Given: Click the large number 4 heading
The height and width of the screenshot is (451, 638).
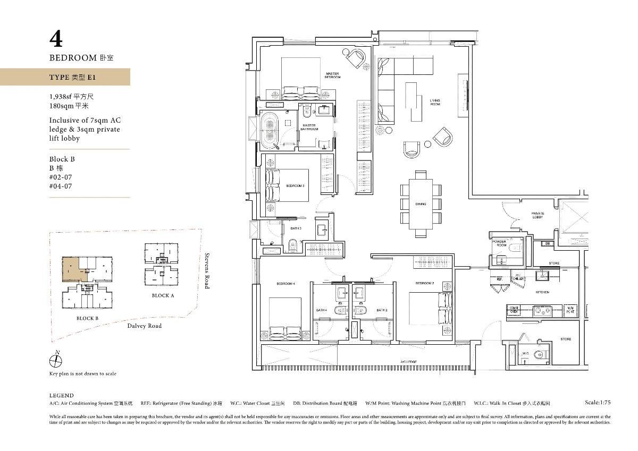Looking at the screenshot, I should click(56, 40).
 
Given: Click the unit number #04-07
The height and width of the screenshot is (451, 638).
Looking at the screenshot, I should click(61, 186).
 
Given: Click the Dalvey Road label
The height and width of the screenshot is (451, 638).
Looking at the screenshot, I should click(144, 326).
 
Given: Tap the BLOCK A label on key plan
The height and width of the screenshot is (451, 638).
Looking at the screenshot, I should click(163, 296).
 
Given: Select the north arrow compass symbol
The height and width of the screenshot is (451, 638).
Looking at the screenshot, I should click(55, 361).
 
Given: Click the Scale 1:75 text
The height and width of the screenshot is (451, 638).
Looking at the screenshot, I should click(597, 403).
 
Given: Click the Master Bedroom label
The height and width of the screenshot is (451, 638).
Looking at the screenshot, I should click(332, 75).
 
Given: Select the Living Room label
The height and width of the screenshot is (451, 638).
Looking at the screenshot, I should click(435, 102).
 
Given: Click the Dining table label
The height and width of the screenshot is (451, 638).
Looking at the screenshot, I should click(421, 204).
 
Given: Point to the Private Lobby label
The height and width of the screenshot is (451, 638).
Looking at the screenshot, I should click(538, 215).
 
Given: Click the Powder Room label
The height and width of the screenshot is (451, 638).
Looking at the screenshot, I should click(499, 243).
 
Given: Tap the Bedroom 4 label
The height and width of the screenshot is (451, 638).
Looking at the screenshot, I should click(285, 284).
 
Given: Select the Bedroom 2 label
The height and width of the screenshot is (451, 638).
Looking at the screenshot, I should click(424, 283).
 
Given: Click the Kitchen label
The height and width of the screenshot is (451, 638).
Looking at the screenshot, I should click(542, 292).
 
